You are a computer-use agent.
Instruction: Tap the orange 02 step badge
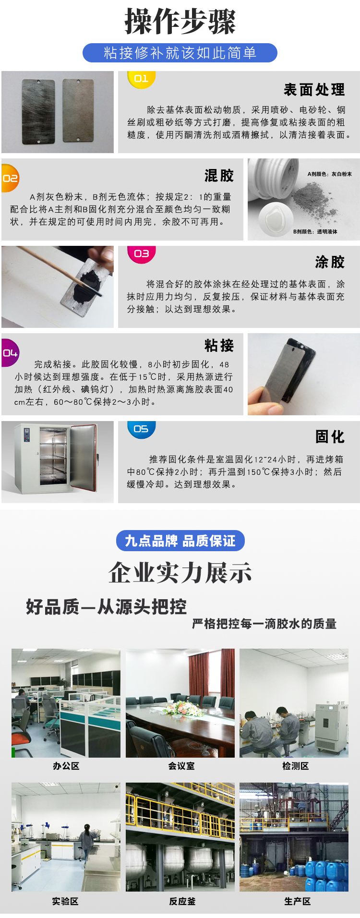tap(10, 178)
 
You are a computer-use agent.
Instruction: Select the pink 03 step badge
tap(141, 254)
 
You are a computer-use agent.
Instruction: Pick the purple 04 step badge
tap(10, 353)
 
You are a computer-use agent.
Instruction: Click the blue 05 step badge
tap(141, 429)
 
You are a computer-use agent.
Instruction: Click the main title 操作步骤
tap(180, 22)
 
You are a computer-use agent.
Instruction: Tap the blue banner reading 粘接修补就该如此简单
tap(180, 53)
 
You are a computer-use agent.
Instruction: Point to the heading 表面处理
tap(314, 90)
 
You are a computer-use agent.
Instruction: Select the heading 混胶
tap(219, 176)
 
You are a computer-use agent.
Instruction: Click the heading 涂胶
tap(330, 262)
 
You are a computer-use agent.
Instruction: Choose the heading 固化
tap(330, 437)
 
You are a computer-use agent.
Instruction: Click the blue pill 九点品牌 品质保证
tap(180, 541)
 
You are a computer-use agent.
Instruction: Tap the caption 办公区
tap(66, 766)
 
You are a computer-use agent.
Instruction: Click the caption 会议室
tap(181, 766)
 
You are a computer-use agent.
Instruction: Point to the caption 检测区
tap(295, 766)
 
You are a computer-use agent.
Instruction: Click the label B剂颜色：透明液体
tap(315, 231)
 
